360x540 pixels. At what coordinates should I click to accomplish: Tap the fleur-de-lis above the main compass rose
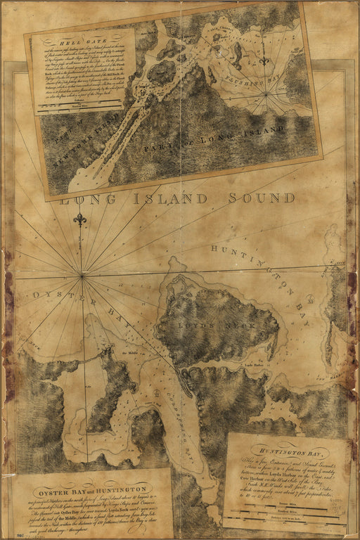(x=80, y=220)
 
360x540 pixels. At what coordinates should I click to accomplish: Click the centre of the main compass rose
(x=83, y=275)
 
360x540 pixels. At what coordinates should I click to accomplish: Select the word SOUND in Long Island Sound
(x=262, y=198)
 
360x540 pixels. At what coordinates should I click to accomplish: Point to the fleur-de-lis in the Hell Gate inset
(x=264, y=61)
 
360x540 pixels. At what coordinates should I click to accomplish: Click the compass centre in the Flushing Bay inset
(x=266, y=94)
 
